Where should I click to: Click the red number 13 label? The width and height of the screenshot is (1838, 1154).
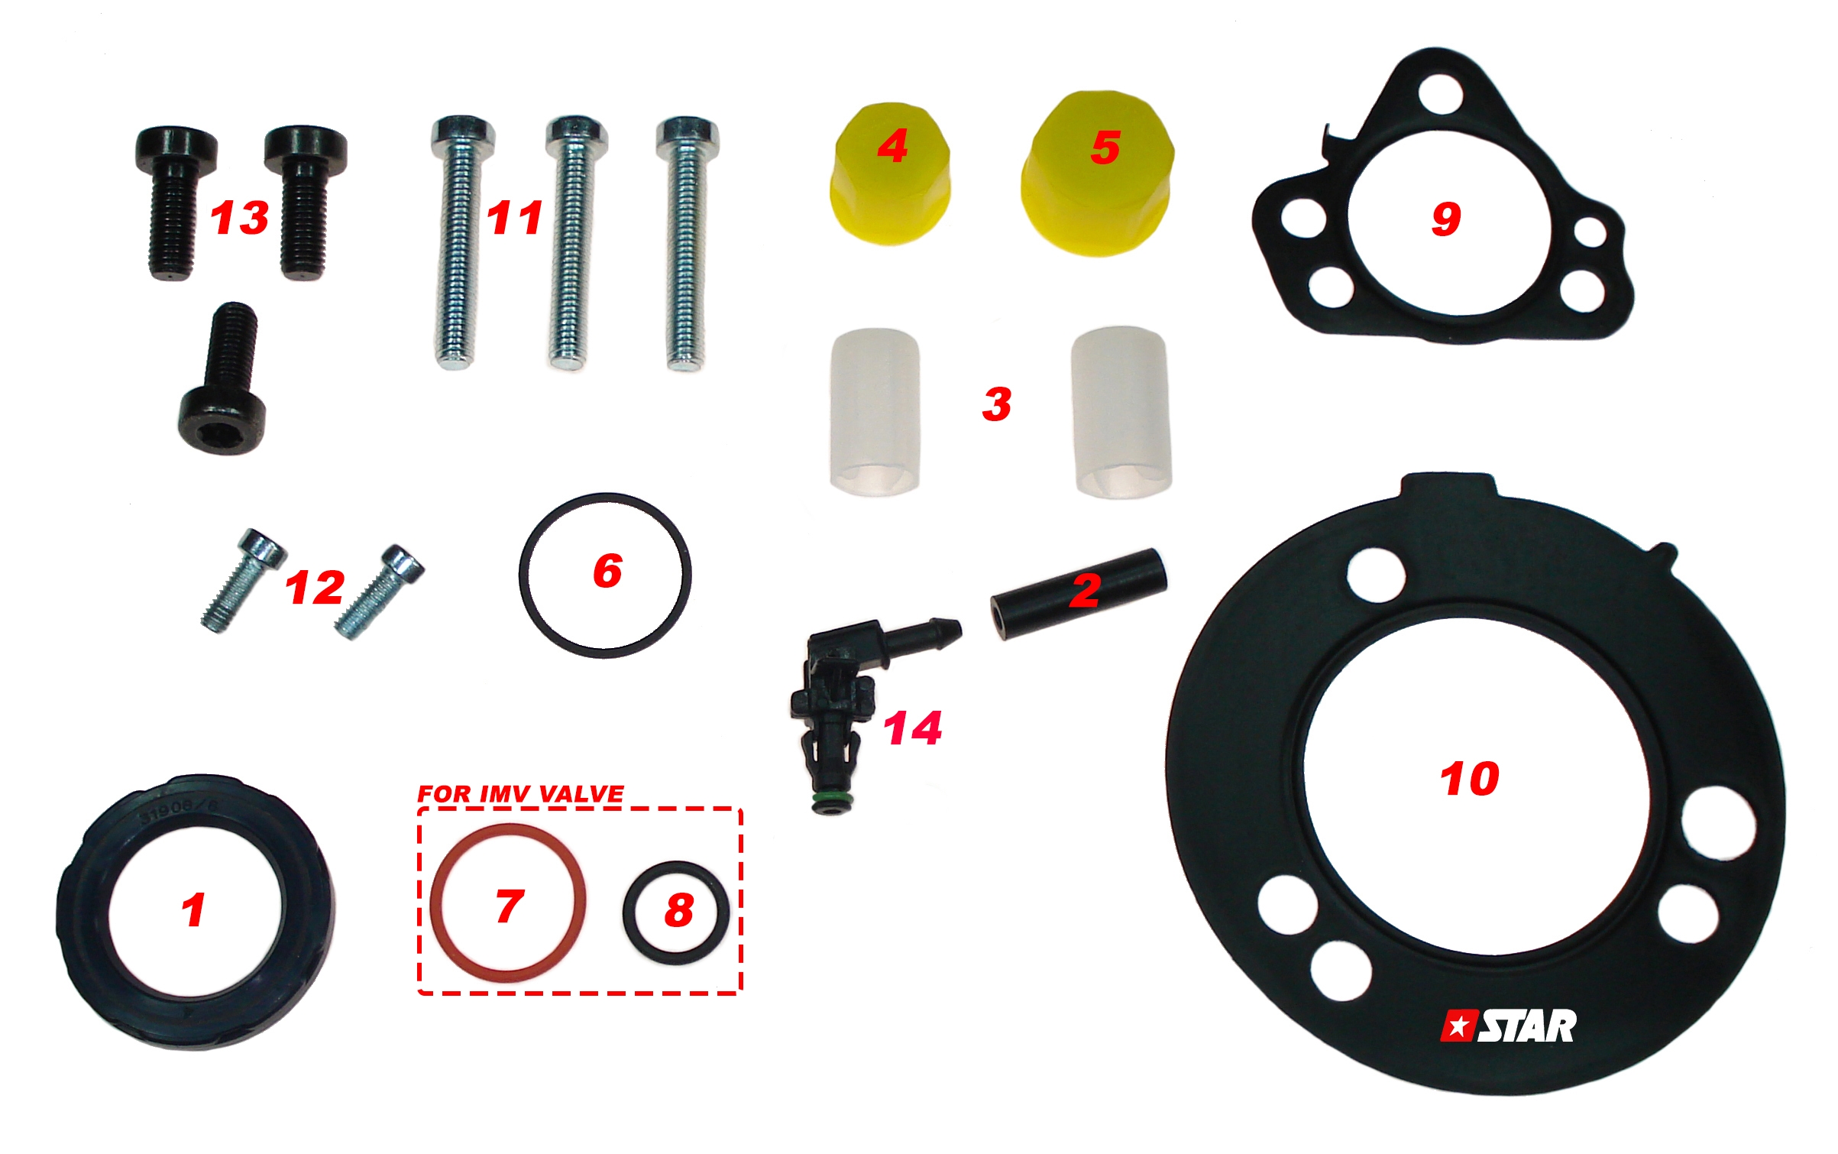(x=239, y=218)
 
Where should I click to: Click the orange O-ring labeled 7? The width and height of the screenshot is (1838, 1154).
(x=433, y=902)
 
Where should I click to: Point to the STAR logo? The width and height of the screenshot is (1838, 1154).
(x=1508, y=1026)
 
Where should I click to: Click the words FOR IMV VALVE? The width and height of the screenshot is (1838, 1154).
(x=520, y=793)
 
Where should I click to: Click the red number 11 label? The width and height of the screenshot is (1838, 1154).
(x=515, y=218)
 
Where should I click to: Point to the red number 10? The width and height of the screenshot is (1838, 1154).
(x=1469, y=779)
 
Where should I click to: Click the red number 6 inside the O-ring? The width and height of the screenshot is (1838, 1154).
(x=607, y=571)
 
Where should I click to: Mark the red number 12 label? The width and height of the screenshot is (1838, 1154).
(x=314, y=588)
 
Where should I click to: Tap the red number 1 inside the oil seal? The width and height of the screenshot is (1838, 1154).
(x=193, y=910)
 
